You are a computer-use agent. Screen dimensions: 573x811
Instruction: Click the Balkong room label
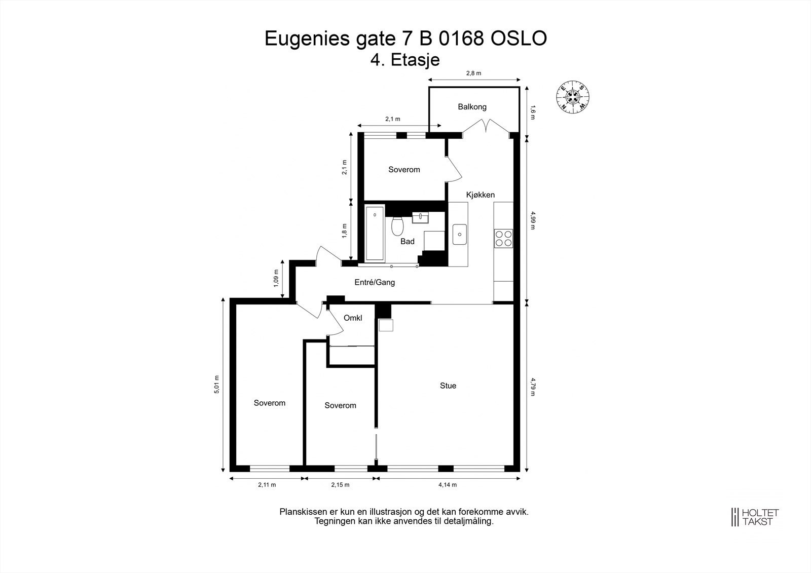pyautogui.click(x=472, y=107)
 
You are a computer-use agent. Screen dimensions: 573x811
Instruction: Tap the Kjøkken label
pyautogui.click(x=480, y=195)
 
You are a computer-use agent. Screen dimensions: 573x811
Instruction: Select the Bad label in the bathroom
pyautogui.click(x=407, y=242)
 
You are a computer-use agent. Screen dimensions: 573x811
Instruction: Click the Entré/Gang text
pyautogui.click(x=374, y=282)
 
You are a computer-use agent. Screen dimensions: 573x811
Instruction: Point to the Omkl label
pyautogui.click(x=353, y=318)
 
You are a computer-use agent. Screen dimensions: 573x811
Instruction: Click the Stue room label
pyautogui.click(x=448, y=386)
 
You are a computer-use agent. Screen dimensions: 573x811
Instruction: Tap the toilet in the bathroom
pyautogui.click(x=397, y=226)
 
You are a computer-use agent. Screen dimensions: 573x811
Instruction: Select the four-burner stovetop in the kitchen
pyautogui.click(x=503, y=238)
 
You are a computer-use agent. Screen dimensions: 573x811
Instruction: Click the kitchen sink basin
pyautogui.click(x=460, y=235)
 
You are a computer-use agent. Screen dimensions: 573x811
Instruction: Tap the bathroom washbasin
pyautogui.click(x=420, y=217)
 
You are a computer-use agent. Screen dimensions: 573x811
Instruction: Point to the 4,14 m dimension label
pyautogui.click(x=448, y=485)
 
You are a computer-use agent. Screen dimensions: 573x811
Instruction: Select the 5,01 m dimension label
pyautogui.click(x=217, y=385)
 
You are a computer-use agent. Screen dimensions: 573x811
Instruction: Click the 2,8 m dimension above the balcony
pyautogui.click(x=473, y=73)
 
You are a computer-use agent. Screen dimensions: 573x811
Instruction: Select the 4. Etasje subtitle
pyautogui.click(x=405, y=60)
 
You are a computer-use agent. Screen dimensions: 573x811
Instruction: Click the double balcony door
pyautogui.click(x=486, y=127)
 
